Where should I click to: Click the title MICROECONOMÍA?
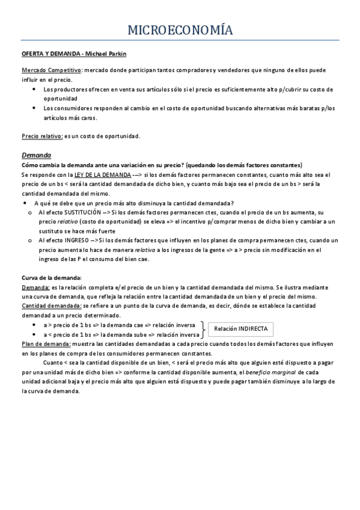click(180, 30)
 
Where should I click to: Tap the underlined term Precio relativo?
click(42, 135)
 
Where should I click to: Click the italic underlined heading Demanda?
click(36, 155)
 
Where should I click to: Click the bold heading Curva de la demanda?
click(51, 278)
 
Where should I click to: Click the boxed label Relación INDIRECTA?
click(241, 329)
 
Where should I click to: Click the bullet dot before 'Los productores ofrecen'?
click(34, 89)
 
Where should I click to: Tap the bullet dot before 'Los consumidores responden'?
click(34, 108)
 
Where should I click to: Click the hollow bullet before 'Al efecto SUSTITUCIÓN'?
click(31, 213)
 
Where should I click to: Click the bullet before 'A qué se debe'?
click(24, 203)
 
